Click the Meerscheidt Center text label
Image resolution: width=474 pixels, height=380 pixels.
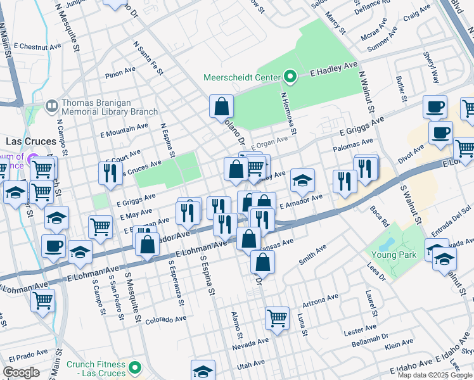[241, 78]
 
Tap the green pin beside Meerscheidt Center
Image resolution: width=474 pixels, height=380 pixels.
[290, 78]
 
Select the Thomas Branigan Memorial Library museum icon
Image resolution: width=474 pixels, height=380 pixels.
[51, 105]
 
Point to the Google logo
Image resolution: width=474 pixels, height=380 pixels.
[22, 372]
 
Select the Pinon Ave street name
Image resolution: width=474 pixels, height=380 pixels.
[121, 74]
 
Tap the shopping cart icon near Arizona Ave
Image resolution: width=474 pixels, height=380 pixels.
[277, 317]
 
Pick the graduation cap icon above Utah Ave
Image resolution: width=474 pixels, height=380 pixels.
[203, 370]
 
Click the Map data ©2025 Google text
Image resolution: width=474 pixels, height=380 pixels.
[434, 375]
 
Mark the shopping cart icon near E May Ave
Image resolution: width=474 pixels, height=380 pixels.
[101, 227]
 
